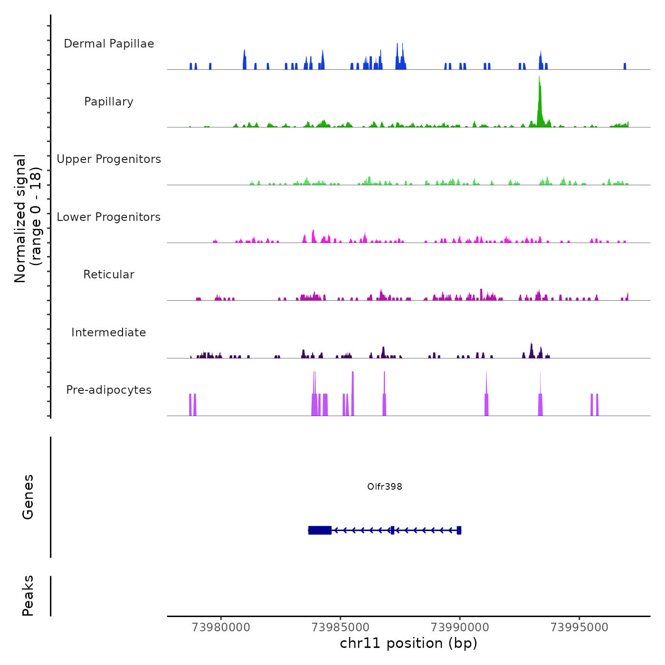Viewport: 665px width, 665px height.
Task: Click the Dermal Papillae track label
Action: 109,44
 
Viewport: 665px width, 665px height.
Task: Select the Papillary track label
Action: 109,102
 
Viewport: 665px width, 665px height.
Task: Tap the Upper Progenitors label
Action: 109,159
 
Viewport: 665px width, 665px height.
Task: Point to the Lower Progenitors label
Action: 109,217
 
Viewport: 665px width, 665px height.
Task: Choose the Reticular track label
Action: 109,275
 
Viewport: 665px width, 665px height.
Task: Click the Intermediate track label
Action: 109,332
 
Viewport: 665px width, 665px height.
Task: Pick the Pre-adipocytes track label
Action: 109,390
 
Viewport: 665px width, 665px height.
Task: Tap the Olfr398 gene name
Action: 385,486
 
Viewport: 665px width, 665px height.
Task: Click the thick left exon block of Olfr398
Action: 320,530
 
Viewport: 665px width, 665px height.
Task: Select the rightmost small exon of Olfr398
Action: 459,530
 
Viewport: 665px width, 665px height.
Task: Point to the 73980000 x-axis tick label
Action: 221,627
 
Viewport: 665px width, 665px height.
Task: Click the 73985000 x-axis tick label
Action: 341,627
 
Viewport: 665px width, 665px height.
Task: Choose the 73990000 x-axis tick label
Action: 460,627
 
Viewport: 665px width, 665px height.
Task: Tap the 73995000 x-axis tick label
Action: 579,627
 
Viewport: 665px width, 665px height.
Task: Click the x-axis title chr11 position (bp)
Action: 408,643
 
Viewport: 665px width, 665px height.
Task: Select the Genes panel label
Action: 28,497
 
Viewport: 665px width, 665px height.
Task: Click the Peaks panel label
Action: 28,596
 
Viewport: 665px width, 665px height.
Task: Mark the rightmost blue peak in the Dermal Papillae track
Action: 625,66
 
